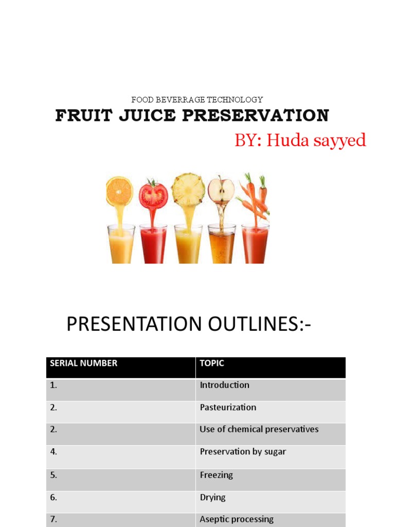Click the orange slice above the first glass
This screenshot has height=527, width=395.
119,191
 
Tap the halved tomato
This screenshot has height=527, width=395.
153,195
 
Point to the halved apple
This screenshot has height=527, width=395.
221,190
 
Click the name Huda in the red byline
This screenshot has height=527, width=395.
288,140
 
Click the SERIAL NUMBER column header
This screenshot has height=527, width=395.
83,363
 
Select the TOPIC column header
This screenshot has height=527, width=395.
212,363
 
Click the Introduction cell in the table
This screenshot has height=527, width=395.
224,385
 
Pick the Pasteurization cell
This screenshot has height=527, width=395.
228,407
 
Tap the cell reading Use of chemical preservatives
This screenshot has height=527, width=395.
259,429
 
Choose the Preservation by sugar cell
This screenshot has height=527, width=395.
243,452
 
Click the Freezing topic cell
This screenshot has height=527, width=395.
216,475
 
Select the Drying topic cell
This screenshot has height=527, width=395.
212,498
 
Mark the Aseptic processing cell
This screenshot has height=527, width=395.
237,519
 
